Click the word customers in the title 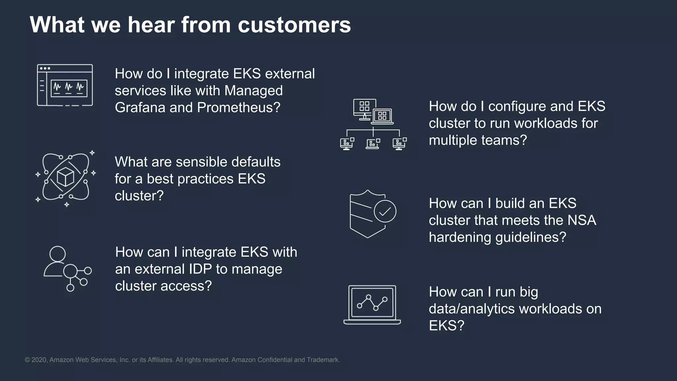click(294, 25)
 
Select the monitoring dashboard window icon click(65, 85)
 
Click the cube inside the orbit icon click(65, 177)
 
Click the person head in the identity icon click(58, 254)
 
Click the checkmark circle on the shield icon click(385, 211)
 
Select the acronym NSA click(582, 220)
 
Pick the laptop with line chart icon click(372, 305)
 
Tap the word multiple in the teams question click(453, 140)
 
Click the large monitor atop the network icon click(364, 107)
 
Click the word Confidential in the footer click(275, 360)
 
